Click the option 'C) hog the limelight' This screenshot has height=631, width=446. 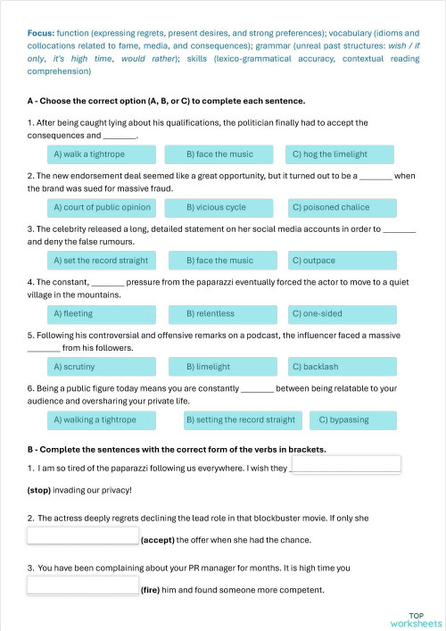[339, 154]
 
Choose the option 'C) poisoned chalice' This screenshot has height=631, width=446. [339, 208]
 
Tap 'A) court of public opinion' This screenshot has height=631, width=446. [100, 208]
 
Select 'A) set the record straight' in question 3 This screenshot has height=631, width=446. [100, 261]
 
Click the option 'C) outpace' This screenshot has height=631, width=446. [339, 261]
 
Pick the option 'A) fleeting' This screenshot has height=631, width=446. [100, 313]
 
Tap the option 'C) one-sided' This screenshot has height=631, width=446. [339, 313]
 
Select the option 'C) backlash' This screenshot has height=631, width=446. [339, 367]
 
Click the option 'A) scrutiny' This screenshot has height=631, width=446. [100, 367]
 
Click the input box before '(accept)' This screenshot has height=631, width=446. [83, 536]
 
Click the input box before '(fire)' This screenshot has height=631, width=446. [83, 585]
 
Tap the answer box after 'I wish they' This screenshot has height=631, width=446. [346, 465]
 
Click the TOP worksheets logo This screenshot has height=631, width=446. [416, 619]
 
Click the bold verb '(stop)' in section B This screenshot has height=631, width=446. [40, 490]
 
